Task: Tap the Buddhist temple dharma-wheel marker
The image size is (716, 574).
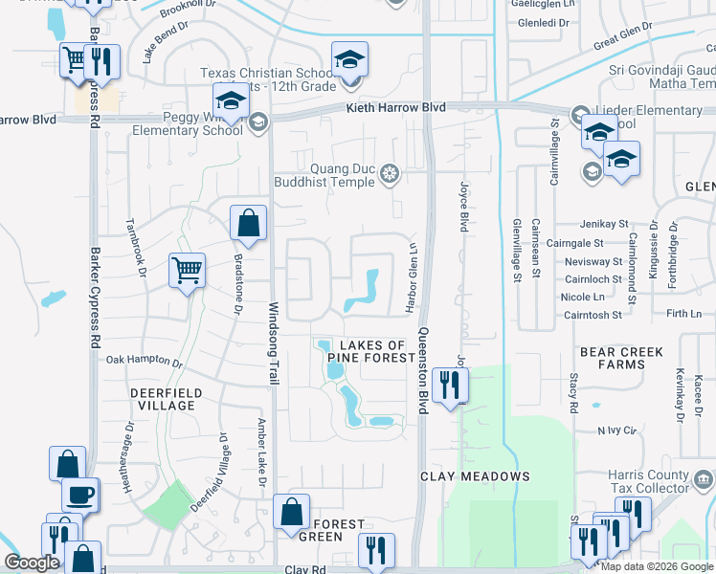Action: coord(390,173)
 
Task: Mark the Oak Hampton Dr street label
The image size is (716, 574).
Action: coord(144,362)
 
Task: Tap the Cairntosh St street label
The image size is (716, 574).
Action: coord(593,314)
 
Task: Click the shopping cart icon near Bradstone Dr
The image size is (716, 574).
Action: coord(187,270)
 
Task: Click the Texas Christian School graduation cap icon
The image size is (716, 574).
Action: coord(349,60)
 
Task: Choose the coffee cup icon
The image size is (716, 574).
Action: coord(80,495)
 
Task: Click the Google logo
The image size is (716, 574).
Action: coord(33,563)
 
